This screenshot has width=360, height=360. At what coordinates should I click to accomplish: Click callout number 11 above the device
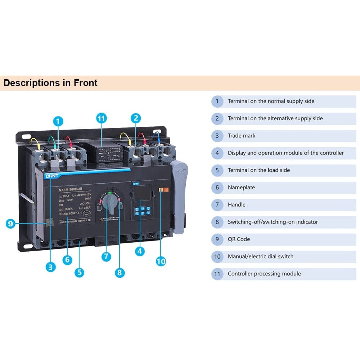pyautogui.click(x=102, y=118)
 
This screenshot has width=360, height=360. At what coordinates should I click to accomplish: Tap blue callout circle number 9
pyautogui.click(x=10, y=224)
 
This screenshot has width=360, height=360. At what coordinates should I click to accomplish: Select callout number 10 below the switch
pyautogui.click(x=161, y=261)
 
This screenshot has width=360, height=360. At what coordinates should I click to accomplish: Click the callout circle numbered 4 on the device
pyautogui.click(x=140, y=251)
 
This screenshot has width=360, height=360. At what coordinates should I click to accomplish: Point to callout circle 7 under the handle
pyautogui.click(x=106, y=257)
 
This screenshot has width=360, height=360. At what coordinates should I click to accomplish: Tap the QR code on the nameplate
pyautogui.click(x=49, y=222)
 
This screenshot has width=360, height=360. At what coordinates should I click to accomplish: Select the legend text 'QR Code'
pyautogui.click(x=239, y=239)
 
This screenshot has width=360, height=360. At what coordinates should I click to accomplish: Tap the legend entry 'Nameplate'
pyautogui.click(x=241, y=187)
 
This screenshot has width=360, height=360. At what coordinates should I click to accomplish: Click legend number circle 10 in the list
pyautogui.click(x=217, y=257)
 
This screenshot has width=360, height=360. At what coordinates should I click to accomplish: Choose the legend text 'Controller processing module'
pyautogui.click(x=264, y=274)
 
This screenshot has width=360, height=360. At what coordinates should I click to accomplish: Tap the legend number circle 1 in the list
pyautogui.click(x=217, y=101)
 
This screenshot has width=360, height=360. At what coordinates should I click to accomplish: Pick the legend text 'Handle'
pyautogui.click(x=237, y=204)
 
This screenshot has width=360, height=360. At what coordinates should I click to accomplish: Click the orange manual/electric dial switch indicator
pyautogui.click(x=162, y=190)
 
